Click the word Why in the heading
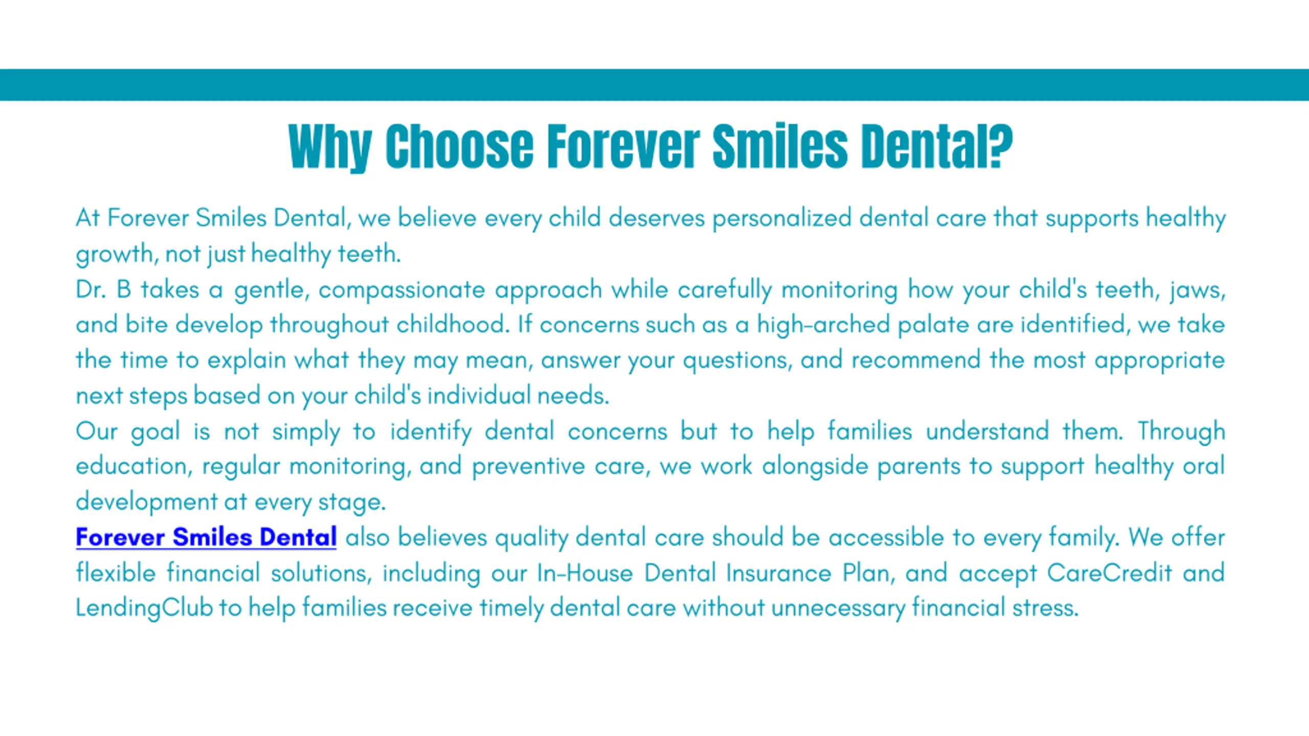(330, 147)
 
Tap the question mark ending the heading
(1001, 146)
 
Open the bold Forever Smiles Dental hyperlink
(206, 537)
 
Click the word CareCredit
(1109, 573)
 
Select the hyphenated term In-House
(585, 573)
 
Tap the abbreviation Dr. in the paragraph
(91, 290)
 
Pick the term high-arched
(824, 325)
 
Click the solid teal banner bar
(654, 85)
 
